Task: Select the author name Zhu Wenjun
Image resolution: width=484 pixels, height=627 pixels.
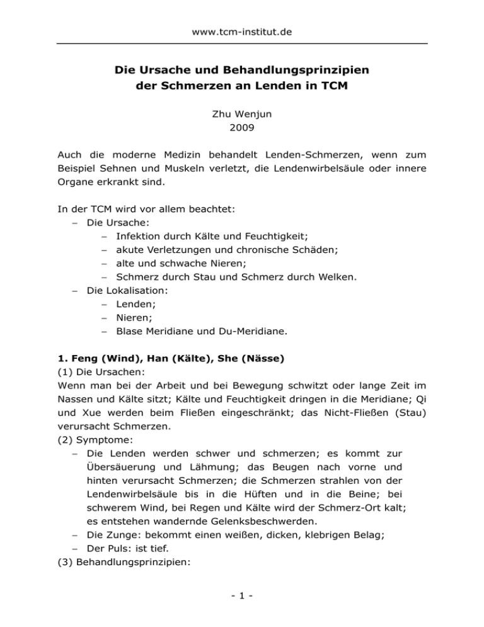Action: [242, 115]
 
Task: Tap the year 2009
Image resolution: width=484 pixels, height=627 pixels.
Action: [242, 132]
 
